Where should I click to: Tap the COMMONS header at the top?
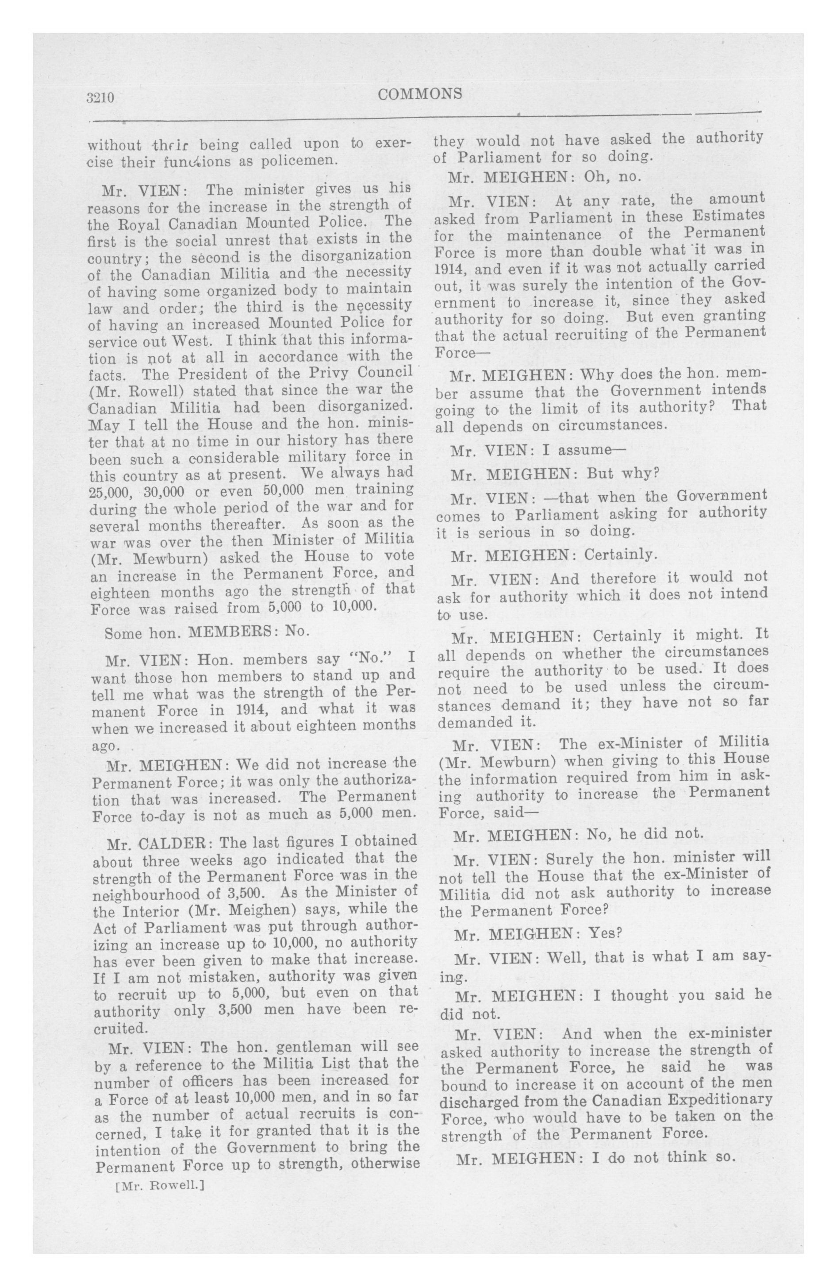[420, 94]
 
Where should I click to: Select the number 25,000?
[110, 492]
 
